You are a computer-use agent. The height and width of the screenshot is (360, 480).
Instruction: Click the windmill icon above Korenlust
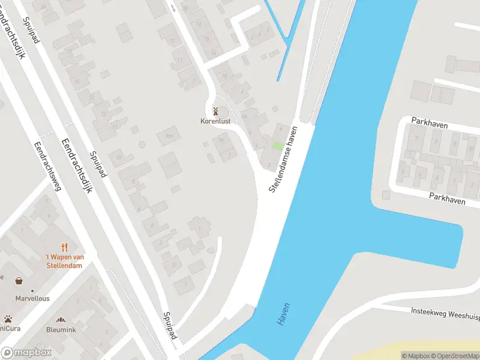coord(215,111)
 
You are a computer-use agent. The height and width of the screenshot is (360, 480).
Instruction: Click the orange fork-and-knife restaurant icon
coord(65,247)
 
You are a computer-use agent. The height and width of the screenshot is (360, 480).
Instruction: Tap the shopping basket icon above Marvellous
coord(19,281)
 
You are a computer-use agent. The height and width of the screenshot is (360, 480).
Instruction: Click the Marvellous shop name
coord(33,298)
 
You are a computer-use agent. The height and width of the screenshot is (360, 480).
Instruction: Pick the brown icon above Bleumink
coord(61,320)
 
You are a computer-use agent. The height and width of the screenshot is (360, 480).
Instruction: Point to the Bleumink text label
coord(61,329)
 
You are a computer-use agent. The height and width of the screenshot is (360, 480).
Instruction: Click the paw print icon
coord(8,319)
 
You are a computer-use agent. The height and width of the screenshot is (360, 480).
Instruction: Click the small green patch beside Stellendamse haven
coord(277,146)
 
